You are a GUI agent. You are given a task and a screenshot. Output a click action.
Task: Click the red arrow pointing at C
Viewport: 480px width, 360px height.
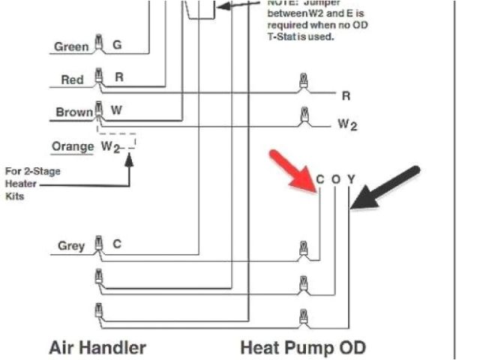pos(292,170)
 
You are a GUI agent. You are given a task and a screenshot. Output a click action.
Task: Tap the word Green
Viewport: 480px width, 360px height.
pos(70,47)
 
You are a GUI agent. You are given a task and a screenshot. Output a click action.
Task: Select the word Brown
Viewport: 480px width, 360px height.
pos(74,112)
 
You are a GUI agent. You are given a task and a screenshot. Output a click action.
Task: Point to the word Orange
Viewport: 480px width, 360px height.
pos(72,146)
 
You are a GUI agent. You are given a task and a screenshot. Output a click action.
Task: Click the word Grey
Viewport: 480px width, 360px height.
pos(71,246)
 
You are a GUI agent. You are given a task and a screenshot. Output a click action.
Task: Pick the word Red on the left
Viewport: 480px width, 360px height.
pos(72,79)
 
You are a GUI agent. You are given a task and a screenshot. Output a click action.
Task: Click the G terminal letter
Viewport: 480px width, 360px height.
pos(117,46)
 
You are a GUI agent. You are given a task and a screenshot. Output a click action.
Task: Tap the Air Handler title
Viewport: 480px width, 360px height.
pos(97,348)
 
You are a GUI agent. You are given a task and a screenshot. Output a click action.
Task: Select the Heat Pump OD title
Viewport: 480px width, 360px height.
pos(303,348)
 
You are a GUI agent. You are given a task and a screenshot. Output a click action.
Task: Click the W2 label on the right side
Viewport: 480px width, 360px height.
pos(347,124)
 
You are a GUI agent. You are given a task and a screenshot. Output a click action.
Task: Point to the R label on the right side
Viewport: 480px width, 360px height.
pos(346,96)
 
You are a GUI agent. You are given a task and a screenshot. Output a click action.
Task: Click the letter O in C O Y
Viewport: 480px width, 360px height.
pos(335,179)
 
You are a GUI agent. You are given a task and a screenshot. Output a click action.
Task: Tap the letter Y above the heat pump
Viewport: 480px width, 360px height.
pos(350,179)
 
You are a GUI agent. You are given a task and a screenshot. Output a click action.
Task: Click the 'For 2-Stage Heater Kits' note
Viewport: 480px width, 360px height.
pos(33,184)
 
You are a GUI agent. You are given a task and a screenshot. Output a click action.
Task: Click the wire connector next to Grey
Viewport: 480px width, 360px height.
pos(97,244)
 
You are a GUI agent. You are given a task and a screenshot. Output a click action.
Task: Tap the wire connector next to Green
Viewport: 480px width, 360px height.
pos(97,42)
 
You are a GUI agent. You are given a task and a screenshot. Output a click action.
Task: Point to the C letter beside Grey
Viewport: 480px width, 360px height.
pos(117,244)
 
